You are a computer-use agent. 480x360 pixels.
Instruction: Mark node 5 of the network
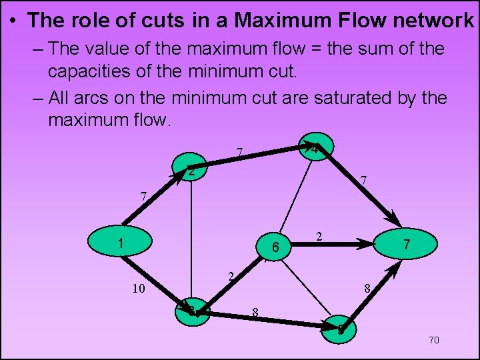[x=341, y=329]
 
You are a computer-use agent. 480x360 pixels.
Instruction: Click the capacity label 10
[x=138, y=289]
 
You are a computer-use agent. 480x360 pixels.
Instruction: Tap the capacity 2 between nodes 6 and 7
[x=320, y=236]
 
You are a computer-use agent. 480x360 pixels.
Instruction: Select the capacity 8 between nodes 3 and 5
[x=255, y=311]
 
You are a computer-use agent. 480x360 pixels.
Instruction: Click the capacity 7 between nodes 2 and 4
[x=239, y=153]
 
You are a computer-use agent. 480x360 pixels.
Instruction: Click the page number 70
[x=433, y=341]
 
